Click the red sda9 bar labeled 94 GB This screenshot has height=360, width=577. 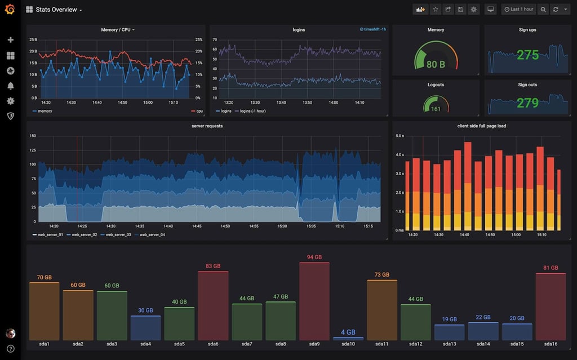pyautogui.click(x=314, y=301)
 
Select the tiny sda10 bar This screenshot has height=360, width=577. pyautogui.click(x=348, y=339)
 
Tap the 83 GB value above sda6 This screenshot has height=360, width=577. pyautogui.click(x=213, y=266)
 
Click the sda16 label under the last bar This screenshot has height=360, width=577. pyautogui.click(x=551, y=344)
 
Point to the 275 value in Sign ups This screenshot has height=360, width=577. pyautogui.click(x=528, y=55)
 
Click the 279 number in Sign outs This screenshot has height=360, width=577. pyautogui.click(x=528, y=103)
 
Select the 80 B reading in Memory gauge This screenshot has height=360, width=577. pyautogui.click(x=436, y=65)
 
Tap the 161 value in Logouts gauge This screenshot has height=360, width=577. pyautogui.click(x=436, y=109)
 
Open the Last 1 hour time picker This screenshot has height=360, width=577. pyautogui.click(x=518, y=10)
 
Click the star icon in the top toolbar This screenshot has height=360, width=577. pyautogui.click(x=435, y=10)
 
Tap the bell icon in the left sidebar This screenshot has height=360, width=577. pyautogui.click(x=10, y=86)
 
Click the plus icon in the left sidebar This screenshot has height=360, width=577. pyautogui.click(x=10, y=40)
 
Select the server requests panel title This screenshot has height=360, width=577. pyautogui.click(x=207, y=126)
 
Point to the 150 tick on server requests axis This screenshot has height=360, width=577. pyautogui.click(x=32, y=136)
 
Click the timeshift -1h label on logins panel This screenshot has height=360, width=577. pyautogui.click(x=372, y=29)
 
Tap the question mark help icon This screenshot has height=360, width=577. pyautogui.click(x=10, y=349)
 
